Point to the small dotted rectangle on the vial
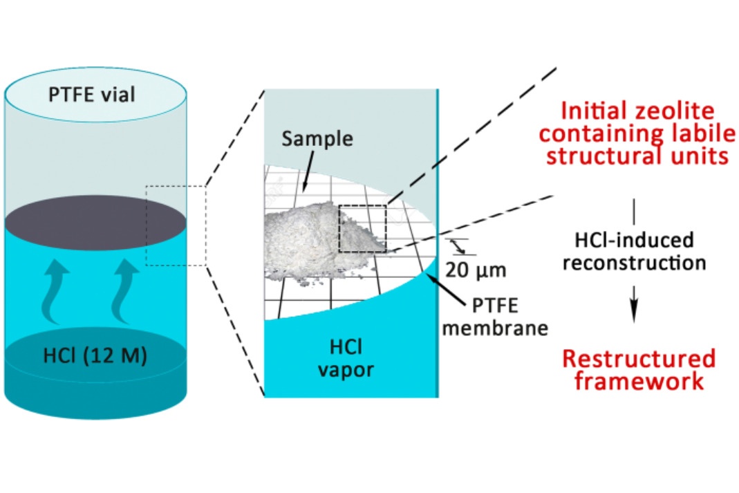pyautogui.click(x=176, y=225)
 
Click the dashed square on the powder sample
pyautogui.click(x=362, y=229)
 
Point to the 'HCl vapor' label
pyautogui.click(x=346, y=359)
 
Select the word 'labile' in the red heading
pyautogui.click(x=694, y=133)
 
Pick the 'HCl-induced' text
pyautogui.click(x=634, y=241)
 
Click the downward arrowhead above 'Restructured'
pyautogui.click(x=635, y=316)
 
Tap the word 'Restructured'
pyautogui.click(x=637, y=359)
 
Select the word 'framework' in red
pyautogui.click(x=637, y=381)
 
